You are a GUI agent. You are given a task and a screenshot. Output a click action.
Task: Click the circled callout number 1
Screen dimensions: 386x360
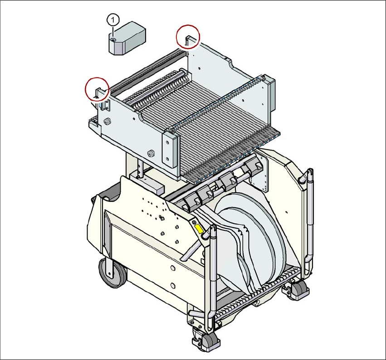click(113, 19)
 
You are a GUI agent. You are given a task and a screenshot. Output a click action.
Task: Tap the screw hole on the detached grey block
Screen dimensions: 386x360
click(113, 40)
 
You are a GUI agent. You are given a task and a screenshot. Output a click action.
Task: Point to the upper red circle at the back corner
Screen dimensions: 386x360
click(188, 36)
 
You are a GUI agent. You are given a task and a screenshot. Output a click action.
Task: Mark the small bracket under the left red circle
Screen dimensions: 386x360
click(106, 105)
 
